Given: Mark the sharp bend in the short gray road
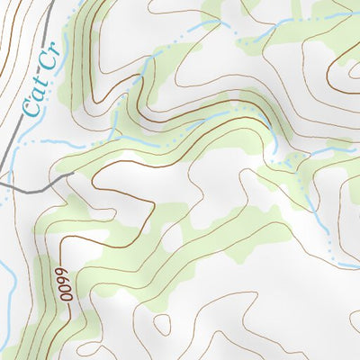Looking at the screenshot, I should click(40, 190).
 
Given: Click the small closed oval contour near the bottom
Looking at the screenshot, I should click(162, 324).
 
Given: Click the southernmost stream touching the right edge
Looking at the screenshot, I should click(351, 266).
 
